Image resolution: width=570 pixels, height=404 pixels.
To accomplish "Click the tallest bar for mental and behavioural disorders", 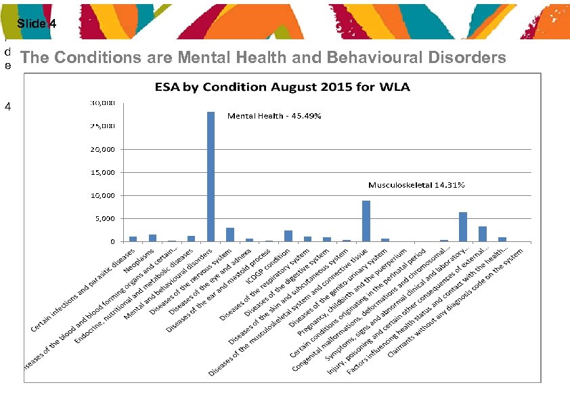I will [211, 176].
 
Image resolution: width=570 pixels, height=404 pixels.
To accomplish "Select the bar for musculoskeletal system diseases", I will [366, 221].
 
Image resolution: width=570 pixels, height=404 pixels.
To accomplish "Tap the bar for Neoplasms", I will [152, 238].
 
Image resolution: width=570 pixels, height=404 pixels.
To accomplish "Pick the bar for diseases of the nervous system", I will [230, 235].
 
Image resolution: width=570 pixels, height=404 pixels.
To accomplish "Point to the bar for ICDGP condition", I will [288, 236].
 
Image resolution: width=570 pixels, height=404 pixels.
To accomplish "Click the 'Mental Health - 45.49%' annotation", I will [274, 116].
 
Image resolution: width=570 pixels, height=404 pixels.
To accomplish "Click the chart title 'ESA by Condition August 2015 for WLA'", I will [278, 86].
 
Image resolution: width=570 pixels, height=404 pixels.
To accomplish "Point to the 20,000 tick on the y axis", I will [104, 149].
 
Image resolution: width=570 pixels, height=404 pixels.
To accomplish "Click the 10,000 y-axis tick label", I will [104, 196].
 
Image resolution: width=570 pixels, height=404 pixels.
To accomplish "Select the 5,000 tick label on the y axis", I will [106, 219].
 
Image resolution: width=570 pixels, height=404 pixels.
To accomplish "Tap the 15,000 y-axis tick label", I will [104, 172].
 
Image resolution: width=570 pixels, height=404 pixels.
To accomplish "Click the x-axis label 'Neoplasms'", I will [140, 258].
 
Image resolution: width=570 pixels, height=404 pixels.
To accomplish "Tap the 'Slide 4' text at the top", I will [32, 24].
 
